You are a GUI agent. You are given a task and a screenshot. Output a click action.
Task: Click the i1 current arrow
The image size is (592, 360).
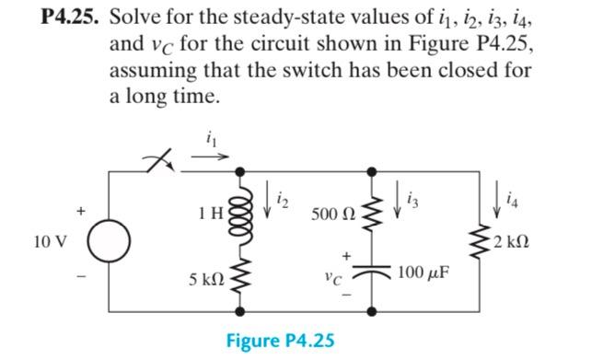[205, 156]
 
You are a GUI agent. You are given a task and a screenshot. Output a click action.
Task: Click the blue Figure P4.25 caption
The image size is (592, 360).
[280, 341]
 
